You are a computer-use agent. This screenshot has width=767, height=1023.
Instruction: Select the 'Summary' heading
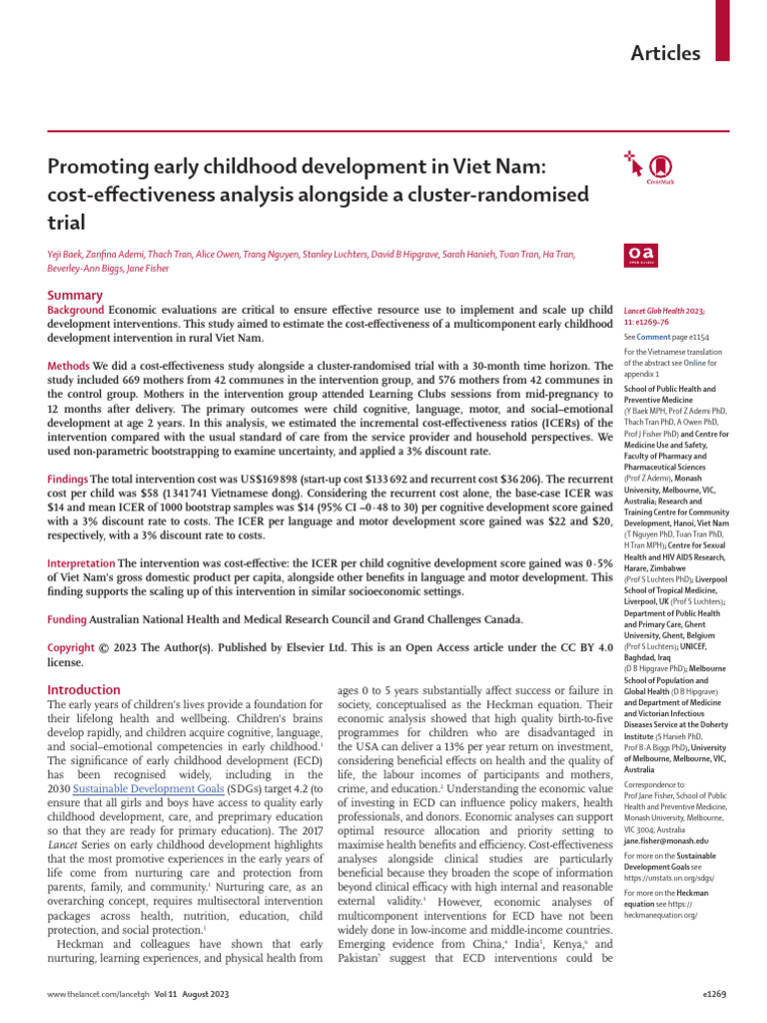point(76,295)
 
